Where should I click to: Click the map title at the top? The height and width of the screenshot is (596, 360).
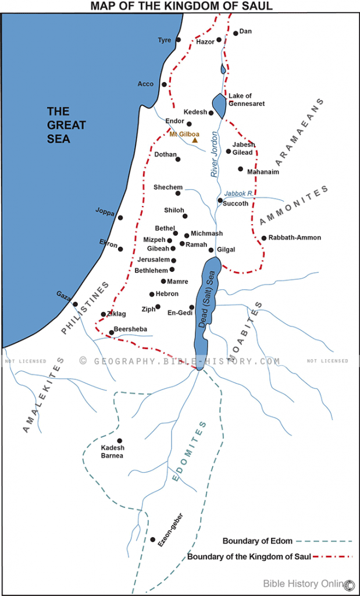click(x=181, y=6)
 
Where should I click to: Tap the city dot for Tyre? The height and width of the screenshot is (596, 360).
click(x=178, y=40)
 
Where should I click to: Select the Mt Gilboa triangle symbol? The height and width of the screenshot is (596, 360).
click(x=195, y=140)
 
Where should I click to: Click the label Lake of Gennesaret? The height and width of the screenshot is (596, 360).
click(x=246, y=100)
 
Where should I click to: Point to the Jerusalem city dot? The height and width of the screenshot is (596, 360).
click(x=173, y=260)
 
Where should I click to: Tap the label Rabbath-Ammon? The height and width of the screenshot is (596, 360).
click(x=294, y=237)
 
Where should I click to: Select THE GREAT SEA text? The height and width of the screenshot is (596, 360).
click(x=66, y=125)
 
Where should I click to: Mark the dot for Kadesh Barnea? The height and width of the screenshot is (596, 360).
click(x=120, y=441)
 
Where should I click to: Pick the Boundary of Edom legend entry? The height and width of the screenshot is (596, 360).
click(x=257, y=541)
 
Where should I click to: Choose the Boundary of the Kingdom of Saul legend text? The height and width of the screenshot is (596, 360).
click(x=249, y=557)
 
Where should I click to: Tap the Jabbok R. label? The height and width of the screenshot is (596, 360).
click(x=238, y=193)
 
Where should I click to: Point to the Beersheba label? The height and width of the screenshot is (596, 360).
click(x=130, y=329)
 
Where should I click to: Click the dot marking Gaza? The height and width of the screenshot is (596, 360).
click(x=75, y=304)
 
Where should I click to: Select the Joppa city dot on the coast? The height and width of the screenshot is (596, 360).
click(x=120, y=218)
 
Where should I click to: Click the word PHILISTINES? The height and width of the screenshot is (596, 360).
click(x=85, y=308)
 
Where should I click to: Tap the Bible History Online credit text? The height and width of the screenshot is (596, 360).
click(x=302, y=583)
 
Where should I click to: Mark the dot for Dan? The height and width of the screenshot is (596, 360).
click(x=236, y=33)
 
